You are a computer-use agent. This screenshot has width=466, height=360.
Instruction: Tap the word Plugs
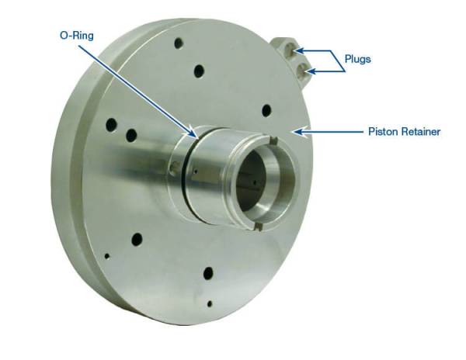pyautogui.click(x=359, y=57)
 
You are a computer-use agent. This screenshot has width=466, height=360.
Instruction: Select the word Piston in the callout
pyautogui.click(x=382, y=132)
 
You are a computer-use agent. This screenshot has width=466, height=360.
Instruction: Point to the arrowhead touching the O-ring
pyautogui.click(x=191, y=133)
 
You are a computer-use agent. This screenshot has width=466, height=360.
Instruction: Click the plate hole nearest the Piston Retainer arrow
pyautogui.click(x=266, y=110)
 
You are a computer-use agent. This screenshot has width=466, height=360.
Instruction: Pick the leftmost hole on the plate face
pyautogui.click(x=111, y=123)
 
